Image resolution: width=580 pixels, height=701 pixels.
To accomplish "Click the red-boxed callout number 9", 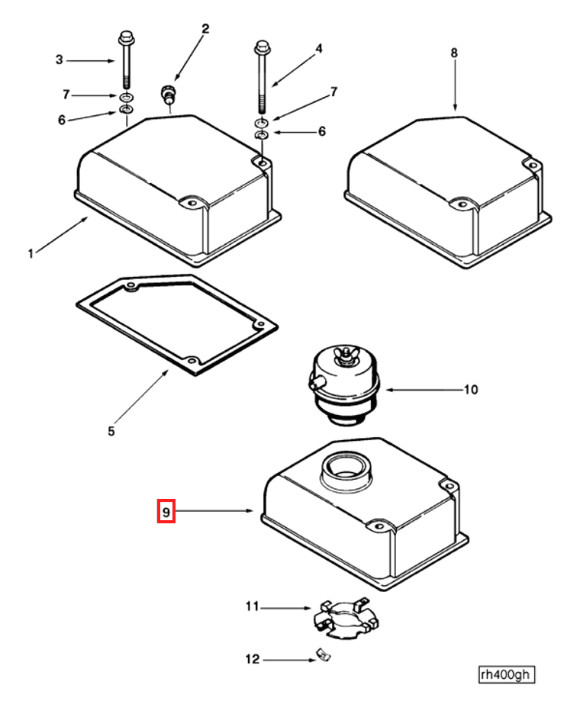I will pos(166,510).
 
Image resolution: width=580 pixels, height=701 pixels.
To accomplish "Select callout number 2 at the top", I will pos(205,29).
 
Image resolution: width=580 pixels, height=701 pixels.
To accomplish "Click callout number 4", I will pos(319,49).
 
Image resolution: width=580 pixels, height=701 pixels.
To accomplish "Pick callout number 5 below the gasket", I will pos(111,431).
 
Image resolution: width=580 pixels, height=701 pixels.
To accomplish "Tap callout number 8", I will pos(454,53).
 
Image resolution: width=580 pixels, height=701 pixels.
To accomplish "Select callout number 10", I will pos(471,390).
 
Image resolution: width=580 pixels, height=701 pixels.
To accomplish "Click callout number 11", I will pos(252,607).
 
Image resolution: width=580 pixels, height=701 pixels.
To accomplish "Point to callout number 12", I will pos(252,659).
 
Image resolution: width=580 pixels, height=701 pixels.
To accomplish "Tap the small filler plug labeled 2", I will pos(167,95).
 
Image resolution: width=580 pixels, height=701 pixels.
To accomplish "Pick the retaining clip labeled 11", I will pos(345,617).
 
